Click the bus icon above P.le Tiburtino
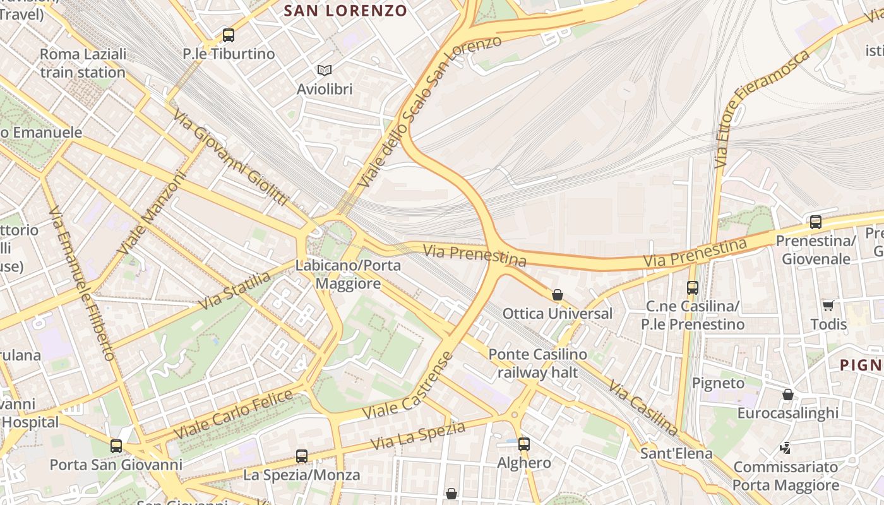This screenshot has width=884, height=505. tap(229, 35)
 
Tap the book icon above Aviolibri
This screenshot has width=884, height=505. tap(325, 70)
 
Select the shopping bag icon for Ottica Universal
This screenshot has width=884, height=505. tap(558, 295)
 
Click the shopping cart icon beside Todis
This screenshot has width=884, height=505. tap(828, 306)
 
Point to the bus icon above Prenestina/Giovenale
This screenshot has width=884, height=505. tap(816, 222)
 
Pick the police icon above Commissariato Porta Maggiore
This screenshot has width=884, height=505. tap(785, 448)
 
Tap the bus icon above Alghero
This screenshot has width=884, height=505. tap(524, 444)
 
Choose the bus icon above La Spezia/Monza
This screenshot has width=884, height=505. tap(302, 456)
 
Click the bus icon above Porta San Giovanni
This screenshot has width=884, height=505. tap(116, 446)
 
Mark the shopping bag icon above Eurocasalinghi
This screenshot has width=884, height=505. tap(788, 395)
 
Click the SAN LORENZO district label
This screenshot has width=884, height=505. tap(345, 11)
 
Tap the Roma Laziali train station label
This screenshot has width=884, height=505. tap(83, 63)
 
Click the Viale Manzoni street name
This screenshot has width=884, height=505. tap(152, 213)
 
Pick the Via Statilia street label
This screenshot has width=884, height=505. tap(234, 290)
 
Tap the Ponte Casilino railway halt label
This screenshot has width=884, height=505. tap(538, 363)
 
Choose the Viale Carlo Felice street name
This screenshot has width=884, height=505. tap(234, 415)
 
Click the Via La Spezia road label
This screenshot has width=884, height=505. tap(418, 436)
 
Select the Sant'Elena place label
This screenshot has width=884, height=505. tap(676, 453)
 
